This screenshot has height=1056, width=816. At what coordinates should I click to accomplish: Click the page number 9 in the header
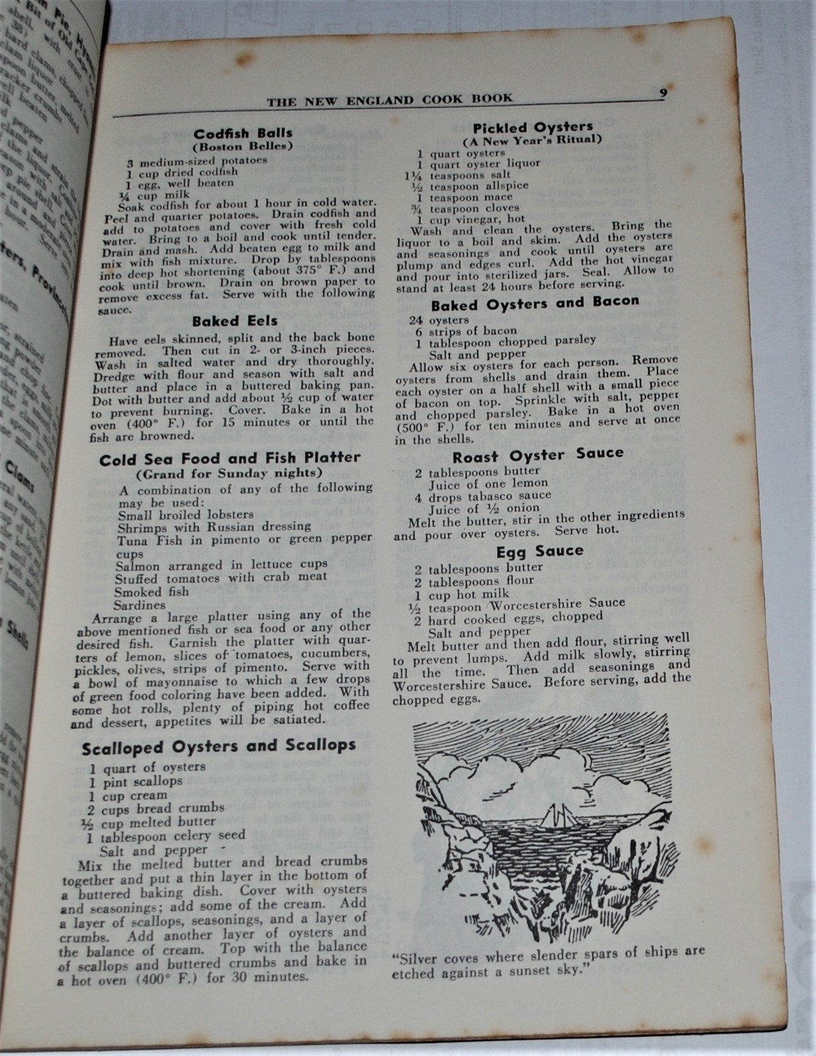coord(663,92)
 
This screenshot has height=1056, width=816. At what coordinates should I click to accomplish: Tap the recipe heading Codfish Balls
coord(243,133)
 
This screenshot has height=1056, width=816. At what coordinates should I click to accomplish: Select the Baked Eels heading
coord(235,321)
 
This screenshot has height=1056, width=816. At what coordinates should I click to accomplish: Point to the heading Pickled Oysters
coord(533,127)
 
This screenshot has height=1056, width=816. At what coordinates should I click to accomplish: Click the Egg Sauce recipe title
coord(540,551)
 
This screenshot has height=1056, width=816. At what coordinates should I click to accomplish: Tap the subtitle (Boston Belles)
coord(242,146)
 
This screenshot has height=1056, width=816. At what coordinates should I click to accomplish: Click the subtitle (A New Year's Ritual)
coord(532,140)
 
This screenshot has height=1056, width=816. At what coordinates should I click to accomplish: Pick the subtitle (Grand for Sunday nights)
coord(230,473)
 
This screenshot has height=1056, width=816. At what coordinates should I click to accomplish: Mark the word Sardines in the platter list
coord(140,605)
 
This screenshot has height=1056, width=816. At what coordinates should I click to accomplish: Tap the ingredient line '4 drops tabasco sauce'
coord(483,496)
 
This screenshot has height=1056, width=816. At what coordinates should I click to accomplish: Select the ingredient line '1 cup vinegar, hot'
coord(471,219)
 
